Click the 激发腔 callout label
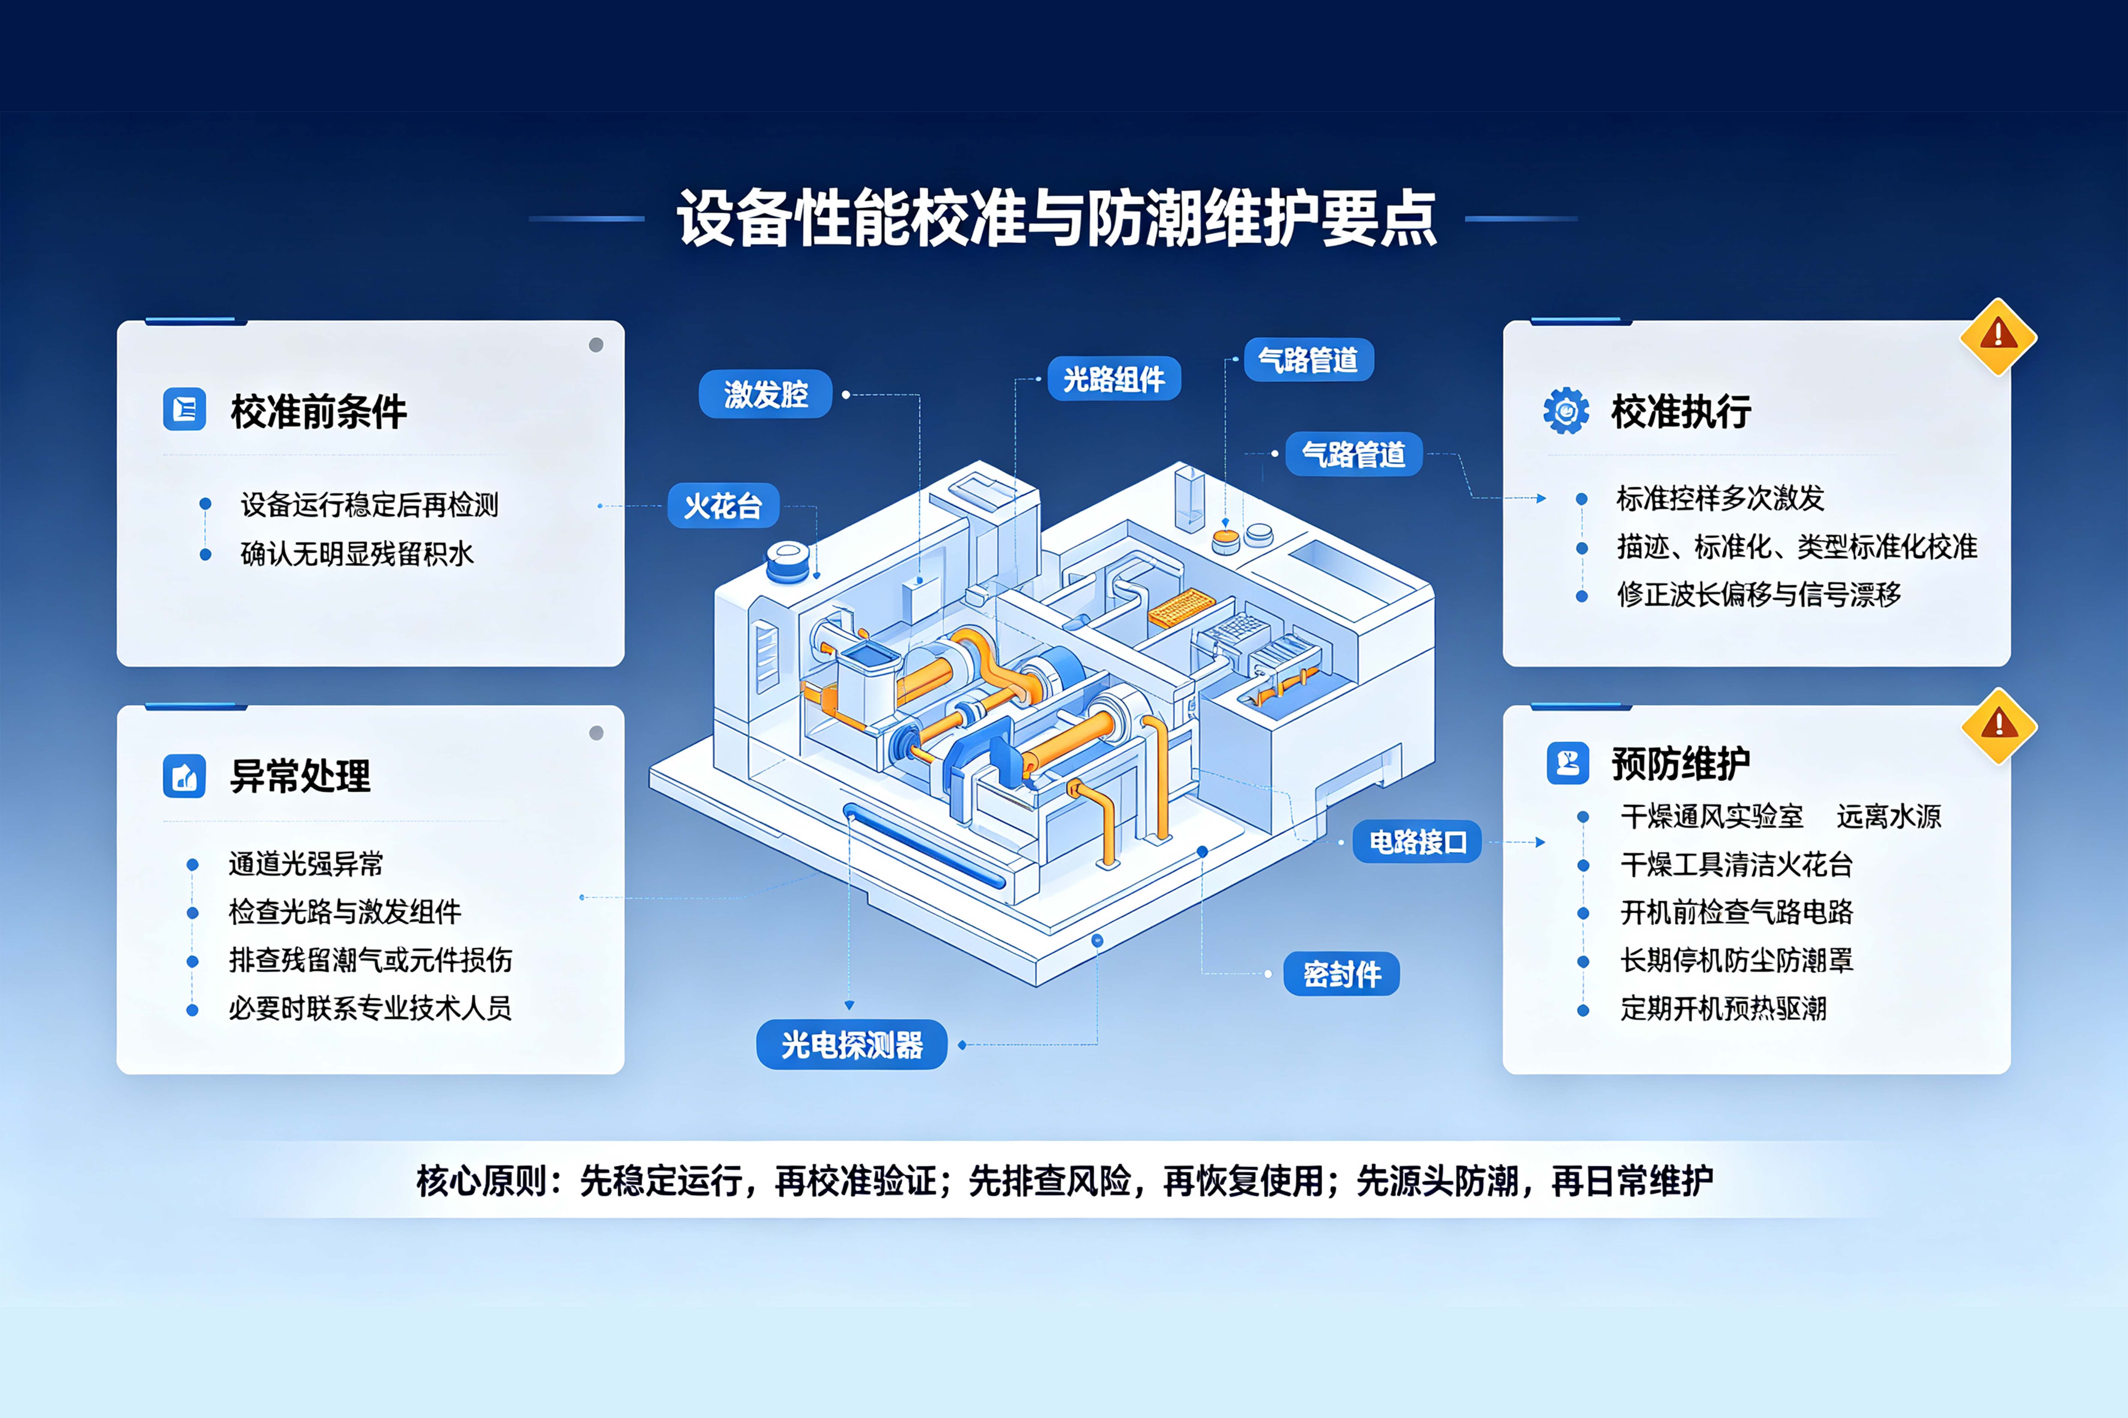[x=765, y=394]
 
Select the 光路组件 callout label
[x=1114, y=379]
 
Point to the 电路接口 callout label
[x=1417, y=842]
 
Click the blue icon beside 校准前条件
[x=184, y=410]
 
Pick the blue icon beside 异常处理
[x=184, y=776]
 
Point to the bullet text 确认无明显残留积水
[x=357, y=554]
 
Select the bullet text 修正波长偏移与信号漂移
[x=1759, y=594]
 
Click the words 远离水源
[x=1889, y=817]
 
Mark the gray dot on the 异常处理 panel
[x=596, y=732]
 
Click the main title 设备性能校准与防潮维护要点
[x=1056, y=218]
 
